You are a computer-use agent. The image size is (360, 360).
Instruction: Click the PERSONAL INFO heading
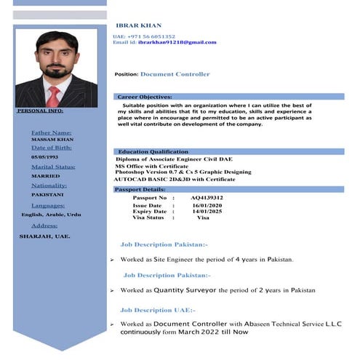[40, 111]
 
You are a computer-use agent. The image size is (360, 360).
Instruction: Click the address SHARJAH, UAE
[44, 236]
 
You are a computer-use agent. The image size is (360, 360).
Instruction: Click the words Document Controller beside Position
[175, 74]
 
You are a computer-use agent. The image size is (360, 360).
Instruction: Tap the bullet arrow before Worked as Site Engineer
[111, 260]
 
